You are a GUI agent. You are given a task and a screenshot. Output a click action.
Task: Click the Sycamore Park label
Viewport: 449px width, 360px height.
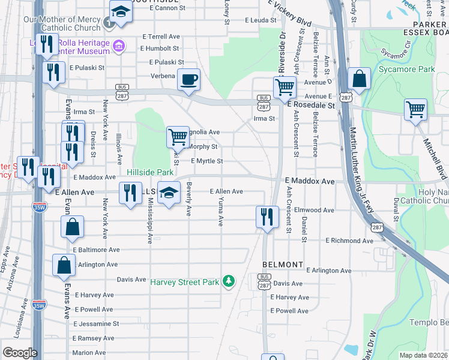point(406,70)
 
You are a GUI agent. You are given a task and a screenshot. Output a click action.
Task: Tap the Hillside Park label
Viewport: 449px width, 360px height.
point(150,172)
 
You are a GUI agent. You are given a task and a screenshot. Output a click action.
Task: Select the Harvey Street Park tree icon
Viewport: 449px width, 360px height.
point(228,281)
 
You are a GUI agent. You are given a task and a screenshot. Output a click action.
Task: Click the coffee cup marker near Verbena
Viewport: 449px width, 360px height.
point(188,80)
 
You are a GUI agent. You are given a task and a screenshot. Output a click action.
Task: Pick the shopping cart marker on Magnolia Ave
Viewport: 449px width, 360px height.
point(178,137)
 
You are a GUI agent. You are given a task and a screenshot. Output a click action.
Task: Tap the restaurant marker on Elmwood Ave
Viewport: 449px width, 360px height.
point(267,216)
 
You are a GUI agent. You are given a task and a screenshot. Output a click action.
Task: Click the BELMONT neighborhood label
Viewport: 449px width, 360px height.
point(282,265)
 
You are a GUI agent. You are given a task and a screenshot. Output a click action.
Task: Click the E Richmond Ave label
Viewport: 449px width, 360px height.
point(350,240)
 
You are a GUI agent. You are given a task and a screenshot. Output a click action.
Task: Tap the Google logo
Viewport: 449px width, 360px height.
point(20,353)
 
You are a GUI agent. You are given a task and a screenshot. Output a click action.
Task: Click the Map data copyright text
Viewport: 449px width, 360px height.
point(423,355)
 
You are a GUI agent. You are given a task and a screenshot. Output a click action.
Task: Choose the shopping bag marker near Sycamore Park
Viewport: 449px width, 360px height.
point(358,80)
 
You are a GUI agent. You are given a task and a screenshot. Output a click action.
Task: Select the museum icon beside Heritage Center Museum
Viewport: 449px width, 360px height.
point(119,46)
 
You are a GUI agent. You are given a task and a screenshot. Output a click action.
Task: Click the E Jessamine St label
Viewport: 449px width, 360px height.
point(96,323)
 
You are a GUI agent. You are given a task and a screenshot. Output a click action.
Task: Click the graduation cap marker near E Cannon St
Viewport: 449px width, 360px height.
point(121,12)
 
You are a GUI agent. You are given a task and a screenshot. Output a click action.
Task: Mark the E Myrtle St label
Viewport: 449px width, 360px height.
point(207,161)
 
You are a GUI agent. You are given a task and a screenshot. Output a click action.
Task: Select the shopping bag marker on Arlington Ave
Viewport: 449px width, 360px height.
point(64,265)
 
